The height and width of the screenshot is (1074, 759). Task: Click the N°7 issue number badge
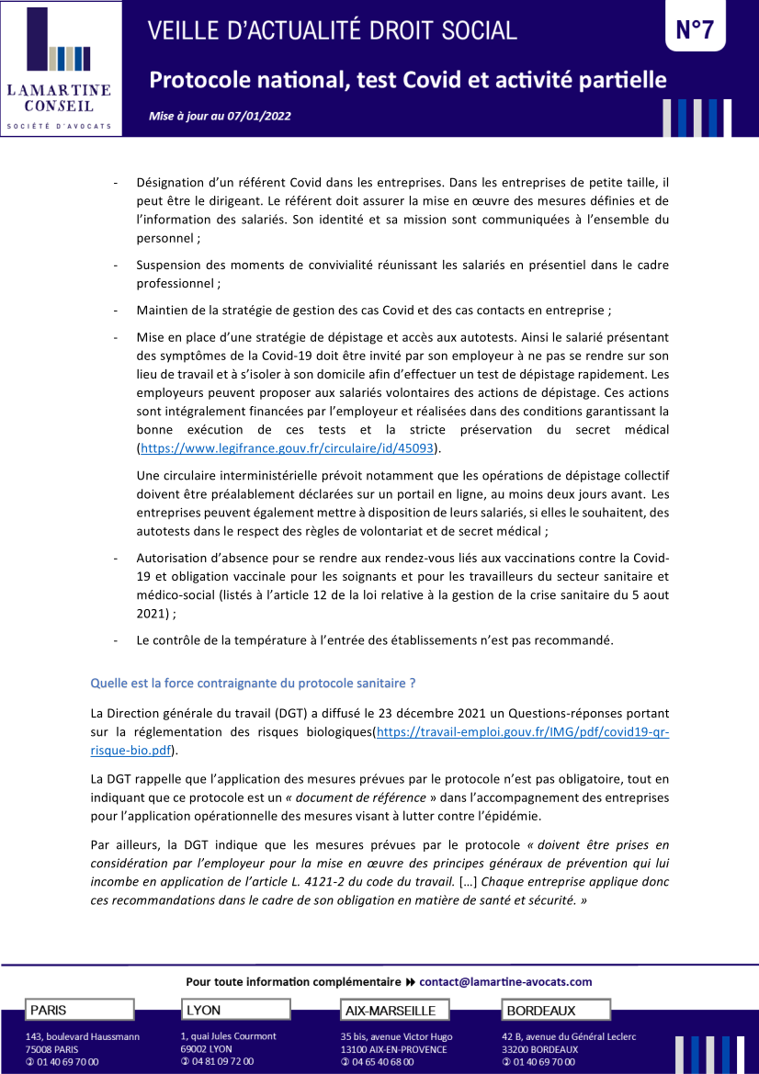coord(695,29)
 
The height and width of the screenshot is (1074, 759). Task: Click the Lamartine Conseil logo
coord(61,69)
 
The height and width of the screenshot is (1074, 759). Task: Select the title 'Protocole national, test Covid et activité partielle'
coord(407,81)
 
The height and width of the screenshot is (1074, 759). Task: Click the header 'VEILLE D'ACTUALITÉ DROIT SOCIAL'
coord(333,30)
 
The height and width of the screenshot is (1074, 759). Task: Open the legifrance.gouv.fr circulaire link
coord(288,448)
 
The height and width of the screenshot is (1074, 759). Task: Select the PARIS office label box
coord(80,1010)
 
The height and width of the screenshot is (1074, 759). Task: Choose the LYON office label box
coord(236,1010)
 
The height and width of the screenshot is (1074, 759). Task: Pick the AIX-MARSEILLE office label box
coord(395,1011)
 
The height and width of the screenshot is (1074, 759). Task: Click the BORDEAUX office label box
coord(555,1011)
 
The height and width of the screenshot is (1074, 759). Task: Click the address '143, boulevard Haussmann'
coord(83,1036)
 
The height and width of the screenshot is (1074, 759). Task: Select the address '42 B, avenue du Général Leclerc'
coord(569,1036)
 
